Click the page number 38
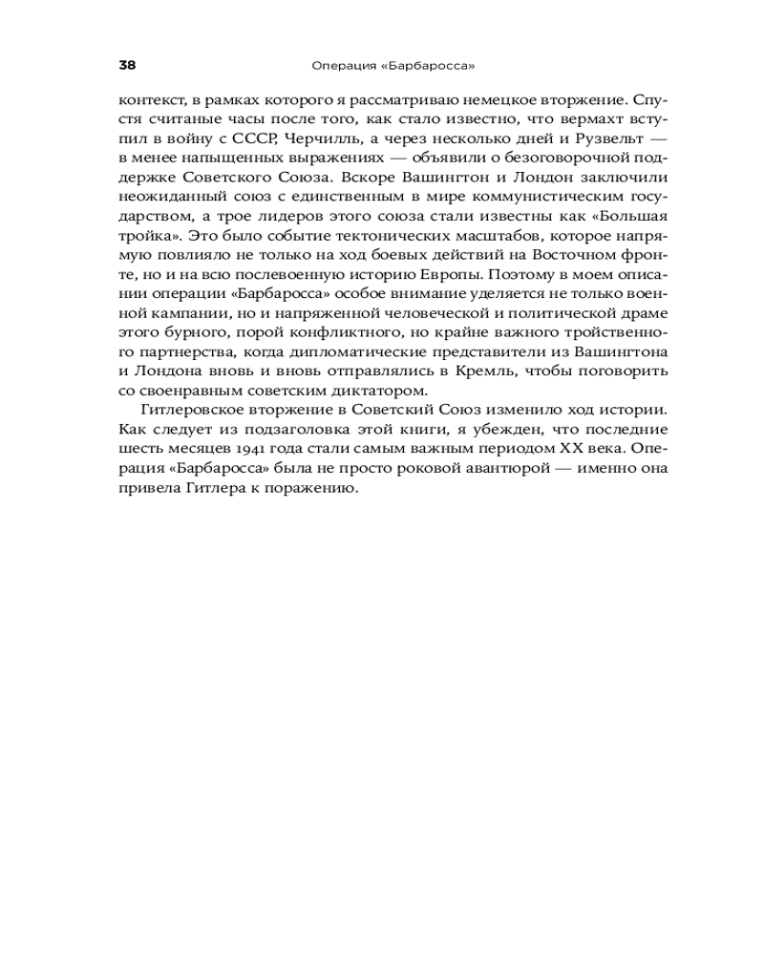pyautogui.click(x=127, y=66)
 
